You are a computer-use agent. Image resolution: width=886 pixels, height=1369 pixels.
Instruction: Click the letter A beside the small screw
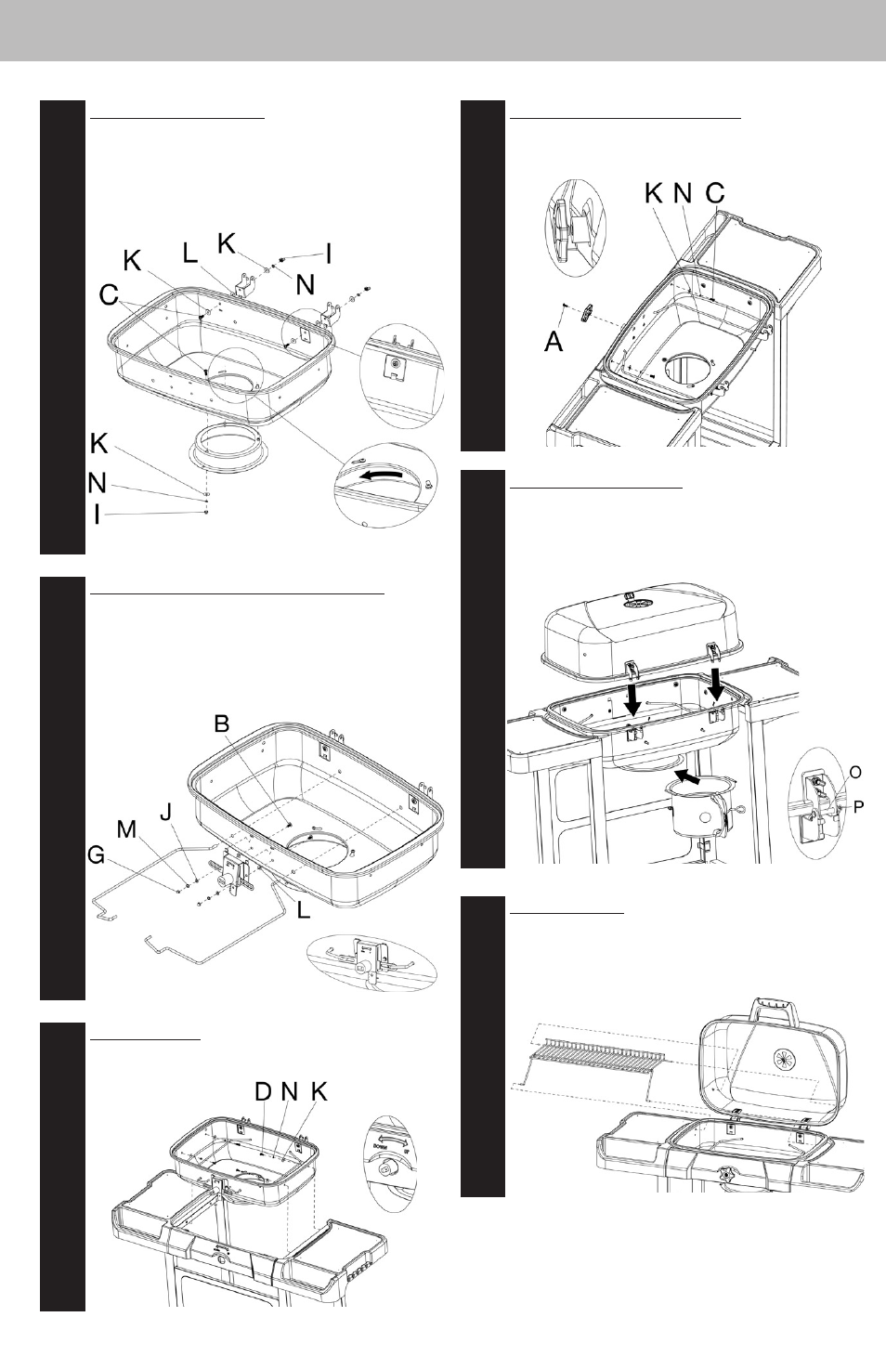[554, 342]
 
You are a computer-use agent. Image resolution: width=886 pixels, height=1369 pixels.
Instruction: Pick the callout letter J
[165, 814]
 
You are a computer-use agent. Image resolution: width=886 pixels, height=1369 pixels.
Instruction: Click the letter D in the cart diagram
[264, 1092]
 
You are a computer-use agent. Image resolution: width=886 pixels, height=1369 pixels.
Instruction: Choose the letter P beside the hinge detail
[859, 806]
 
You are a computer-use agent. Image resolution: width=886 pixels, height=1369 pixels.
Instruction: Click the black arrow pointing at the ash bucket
[687, 774]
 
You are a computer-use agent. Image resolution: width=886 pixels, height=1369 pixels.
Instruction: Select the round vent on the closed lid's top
[638, 604]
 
